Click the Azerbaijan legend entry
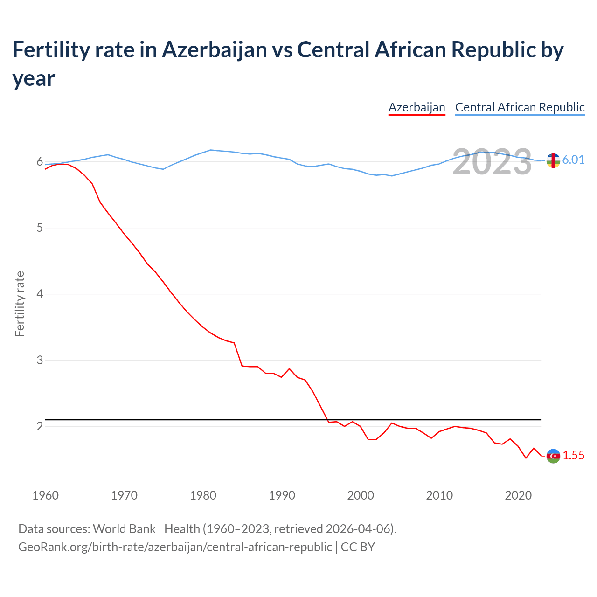(x=417, y=107)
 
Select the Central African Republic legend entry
(x=520, y=107)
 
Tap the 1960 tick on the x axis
(x=45, y=495)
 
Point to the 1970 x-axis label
(x=124, y=495)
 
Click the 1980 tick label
(x=203, y=495)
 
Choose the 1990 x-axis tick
(x=282, y=495)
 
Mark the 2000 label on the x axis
(x=361, y=495)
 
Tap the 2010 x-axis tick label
(x=439, y=495)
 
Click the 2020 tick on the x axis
(x=518, y=495)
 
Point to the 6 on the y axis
(x=40, y=162)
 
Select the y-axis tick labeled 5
(x=40, y=228)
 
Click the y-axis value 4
(x=40, y=294)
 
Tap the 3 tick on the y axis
(x=40, y=361)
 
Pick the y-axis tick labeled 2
(x=40, y=427)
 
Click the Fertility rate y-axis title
(x=20, y=304)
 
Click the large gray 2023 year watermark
(x=492, y=162)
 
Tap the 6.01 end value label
(x=573, y=160)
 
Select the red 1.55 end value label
(x=573, y=456)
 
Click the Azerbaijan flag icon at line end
(x=553, y=456)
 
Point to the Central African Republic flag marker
(x=553, y=160)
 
